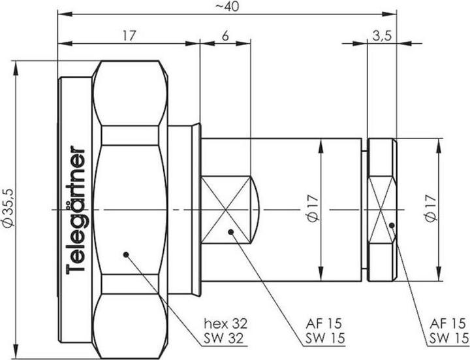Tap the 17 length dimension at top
tap(129, 36)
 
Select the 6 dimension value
tap(225, 36)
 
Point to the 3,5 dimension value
tap(382, 36)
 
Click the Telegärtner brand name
tap(77, 208)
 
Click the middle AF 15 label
tap(324, 323)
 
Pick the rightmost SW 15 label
tap(450, 338)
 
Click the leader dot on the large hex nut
tap(125, 254)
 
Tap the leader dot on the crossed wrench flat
tap(230, 231)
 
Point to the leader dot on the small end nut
tap(391, 225)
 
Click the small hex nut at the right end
tap(382, 209)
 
